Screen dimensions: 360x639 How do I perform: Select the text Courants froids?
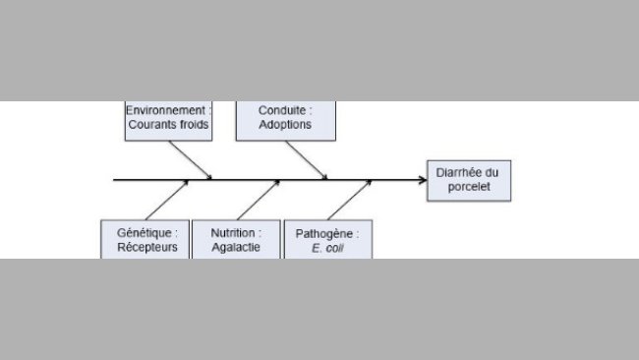tap(168, 125)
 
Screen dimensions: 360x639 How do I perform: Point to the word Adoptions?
tap(285, 125)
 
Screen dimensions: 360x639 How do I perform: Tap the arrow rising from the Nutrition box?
tap(258, 201)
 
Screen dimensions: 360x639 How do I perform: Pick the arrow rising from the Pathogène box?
tap(348, 201)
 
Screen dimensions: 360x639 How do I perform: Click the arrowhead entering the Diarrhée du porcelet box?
tap(421, 180)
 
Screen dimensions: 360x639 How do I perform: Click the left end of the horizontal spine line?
tap(115, 180)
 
